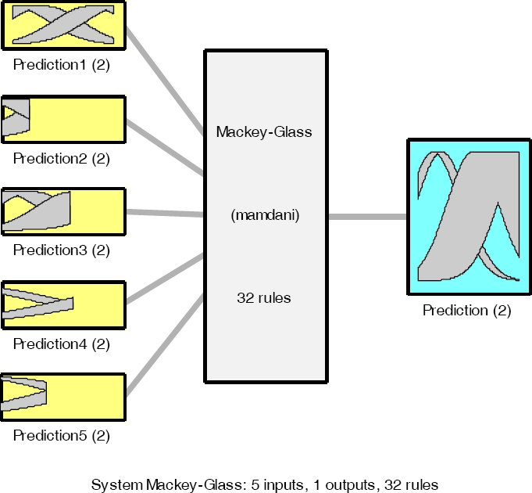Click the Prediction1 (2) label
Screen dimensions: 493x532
(x=62, y=66)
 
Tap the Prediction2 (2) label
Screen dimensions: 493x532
(x=62, y=158)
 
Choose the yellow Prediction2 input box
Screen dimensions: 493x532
(x=78, y=119)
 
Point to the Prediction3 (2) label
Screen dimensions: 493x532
(x=62, y=250)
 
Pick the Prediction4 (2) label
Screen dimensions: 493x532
(x=62, y=344)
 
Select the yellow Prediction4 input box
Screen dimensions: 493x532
(x=98, y=304)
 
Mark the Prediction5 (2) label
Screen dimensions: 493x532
(x=62, y=435)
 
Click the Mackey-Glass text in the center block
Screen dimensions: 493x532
(x=264, y=131)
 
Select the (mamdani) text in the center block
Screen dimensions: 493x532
(x=264, y=215)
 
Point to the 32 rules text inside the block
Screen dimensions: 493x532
(x=264, y=298)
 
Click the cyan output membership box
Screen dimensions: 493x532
(x=466, y=216)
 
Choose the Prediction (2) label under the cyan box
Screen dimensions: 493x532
(x=466, y=311)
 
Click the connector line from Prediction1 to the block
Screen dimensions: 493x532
(x=164, y=78)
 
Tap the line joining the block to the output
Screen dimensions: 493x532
(x=367, y=216)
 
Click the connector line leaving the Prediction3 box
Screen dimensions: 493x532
(x=164, y=212)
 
